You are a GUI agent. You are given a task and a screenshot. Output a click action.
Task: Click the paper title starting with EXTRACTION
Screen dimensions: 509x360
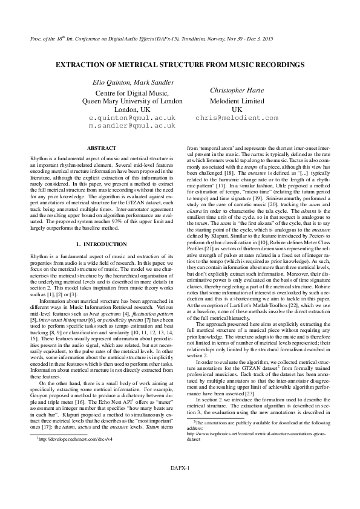pos(180,64)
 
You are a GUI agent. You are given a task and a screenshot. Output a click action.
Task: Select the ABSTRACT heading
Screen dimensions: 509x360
pos(101,148)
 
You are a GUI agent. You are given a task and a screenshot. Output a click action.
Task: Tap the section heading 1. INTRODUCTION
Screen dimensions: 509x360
pos(101,244)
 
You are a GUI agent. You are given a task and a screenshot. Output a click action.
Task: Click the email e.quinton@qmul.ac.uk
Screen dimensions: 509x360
pos(132,118)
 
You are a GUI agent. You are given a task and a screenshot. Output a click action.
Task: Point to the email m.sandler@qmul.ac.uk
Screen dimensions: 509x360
pos(132,126)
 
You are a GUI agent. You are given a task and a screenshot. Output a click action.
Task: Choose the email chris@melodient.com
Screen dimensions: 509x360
pos(237,118)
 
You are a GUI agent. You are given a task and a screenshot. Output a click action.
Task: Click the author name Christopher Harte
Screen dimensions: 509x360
pos(237,90)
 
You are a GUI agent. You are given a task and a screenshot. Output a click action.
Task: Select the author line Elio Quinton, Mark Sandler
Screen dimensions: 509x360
pos(132,82)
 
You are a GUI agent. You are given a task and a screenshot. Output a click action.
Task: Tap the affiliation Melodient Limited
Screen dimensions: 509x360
pos(237,101)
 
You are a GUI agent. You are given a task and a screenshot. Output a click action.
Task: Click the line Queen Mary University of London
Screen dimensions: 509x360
pos(132,102)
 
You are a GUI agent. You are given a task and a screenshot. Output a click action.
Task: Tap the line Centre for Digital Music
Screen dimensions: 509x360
pos(132,93)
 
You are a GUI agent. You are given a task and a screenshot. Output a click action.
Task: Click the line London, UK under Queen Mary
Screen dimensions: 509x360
pos(132,110)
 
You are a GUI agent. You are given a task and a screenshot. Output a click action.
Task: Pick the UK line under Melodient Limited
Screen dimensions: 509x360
pos(237,109)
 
